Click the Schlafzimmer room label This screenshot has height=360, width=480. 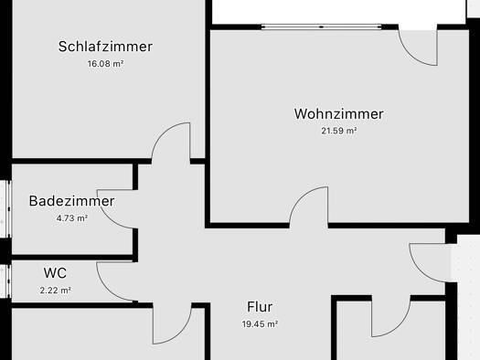click(105, 47)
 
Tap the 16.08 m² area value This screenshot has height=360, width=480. click(105, 64)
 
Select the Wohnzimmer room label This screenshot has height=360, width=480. click(338, 114)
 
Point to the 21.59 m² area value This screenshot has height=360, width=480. click(338, 132)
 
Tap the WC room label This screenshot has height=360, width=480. click(55, 272)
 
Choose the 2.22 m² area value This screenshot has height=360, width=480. click(55, 290)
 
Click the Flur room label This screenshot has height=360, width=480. click(260, 307)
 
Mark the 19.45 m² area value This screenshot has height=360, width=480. click(260, 324)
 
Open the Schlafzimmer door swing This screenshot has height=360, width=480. click(172, 143)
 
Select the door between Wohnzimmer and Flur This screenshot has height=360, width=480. click(309, 206)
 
